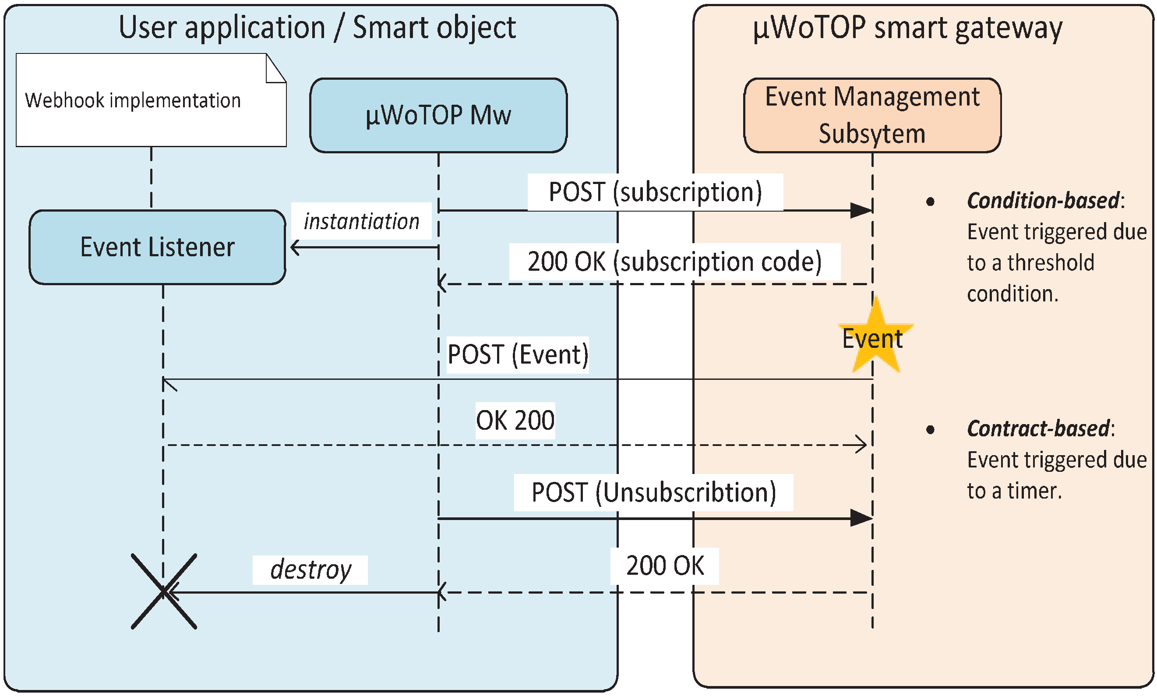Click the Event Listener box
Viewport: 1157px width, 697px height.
tap(157, 247)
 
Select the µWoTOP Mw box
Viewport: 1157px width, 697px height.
tap(438, 115)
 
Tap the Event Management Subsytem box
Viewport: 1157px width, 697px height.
tap(872, 115)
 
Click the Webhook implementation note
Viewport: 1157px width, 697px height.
tap(151, 100)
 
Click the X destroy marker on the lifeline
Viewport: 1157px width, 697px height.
tap(163, 591)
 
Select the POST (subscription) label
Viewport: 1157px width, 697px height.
tap(655, 192)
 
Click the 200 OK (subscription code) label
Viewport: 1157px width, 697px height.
tap(674, 262)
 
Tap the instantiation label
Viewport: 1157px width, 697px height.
tap(361, 221)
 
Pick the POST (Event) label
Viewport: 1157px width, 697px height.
tap(517, 354)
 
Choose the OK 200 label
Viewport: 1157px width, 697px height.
tap(515, 421)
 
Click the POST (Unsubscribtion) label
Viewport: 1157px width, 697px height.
tap(653, 492)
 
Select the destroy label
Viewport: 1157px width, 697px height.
tap(310, 570)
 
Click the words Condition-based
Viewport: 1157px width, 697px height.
tap(1043, 201)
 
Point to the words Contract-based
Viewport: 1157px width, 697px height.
tap(1038, 428)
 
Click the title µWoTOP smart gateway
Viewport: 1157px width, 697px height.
tap(907, 28)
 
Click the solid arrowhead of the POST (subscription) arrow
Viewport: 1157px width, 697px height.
tap(861, 210)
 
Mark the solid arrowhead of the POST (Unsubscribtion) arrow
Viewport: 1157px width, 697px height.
tap(861, 518)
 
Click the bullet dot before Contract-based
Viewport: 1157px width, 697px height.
tap(930, 429)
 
